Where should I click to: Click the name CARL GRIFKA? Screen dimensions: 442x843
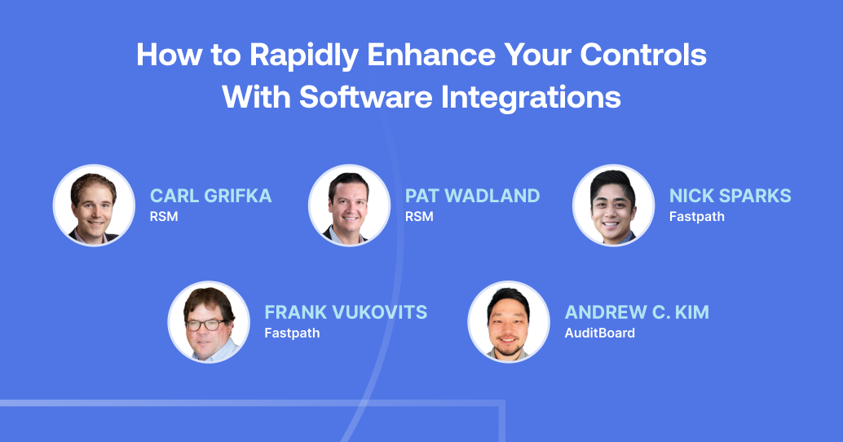click(x=210, y=196)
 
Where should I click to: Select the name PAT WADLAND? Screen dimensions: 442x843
click(x=472, y=196)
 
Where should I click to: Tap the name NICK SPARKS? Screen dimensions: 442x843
click(x=730, y=196)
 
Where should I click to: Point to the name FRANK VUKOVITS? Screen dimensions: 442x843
click(x=346, y=312)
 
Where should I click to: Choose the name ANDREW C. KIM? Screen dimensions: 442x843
click(x=637, y=312)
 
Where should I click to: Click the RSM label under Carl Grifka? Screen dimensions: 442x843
click(x=164, y=217)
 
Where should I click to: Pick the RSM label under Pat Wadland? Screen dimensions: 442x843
click(x=419, y=217)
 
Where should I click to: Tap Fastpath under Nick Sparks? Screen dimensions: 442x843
click(x=696, y=217)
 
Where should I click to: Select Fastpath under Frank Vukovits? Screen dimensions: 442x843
click(x=292, y=333)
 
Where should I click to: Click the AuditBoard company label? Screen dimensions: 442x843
click(x=599, y=333)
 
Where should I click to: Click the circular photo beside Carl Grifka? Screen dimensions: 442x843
click(x=94, y=206)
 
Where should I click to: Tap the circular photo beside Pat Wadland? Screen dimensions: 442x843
click(x=349, y=206)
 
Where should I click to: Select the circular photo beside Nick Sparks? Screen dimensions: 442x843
click(x=613, y=206)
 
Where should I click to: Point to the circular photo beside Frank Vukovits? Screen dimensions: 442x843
click(x=209, y=322)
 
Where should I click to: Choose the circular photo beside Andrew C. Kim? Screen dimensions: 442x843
click(x=509, y=322)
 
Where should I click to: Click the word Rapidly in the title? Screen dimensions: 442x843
click(x=303, y=55)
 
